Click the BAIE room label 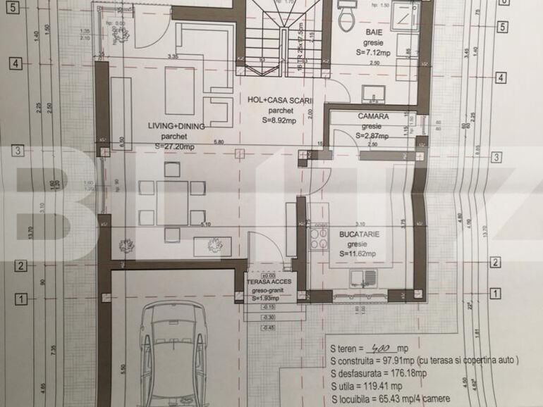point(373,32)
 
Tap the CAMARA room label point(373,115)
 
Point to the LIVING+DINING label point(176,126)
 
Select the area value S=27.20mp point(177,146)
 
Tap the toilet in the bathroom point(348,18)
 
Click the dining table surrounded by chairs point(172,201)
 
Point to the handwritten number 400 point(382,349)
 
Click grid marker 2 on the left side point(20,265)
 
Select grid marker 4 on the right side point(501,78)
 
